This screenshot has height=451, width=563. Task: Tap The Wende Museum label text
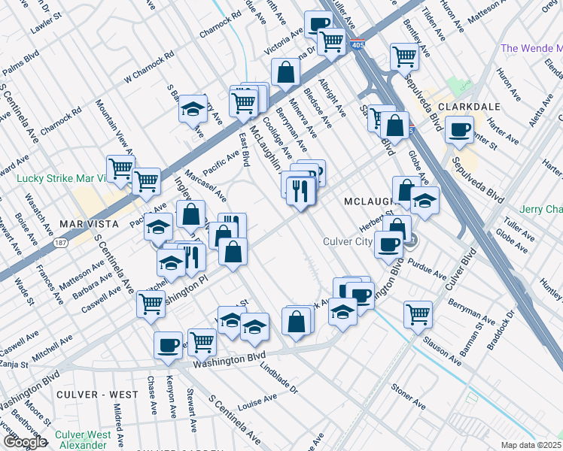(x=531, y=48)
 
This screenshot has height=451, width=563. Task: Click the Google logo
(x=24, y=442)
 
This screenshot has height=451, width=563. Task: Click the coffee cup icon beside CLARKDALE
(x=458, y=129)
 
